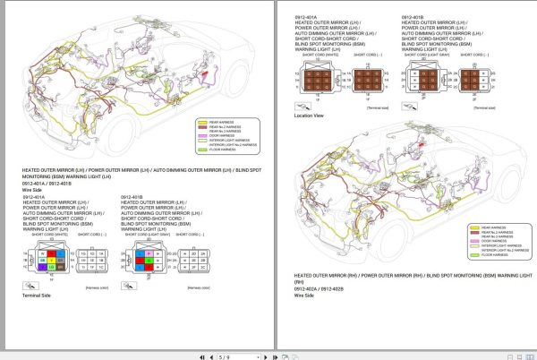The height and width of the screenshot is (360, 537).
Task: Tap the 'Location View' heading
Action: (x=310, y=116)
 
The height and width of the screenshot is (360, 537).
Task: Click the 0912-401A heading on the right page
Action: (x=307, y=16)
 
